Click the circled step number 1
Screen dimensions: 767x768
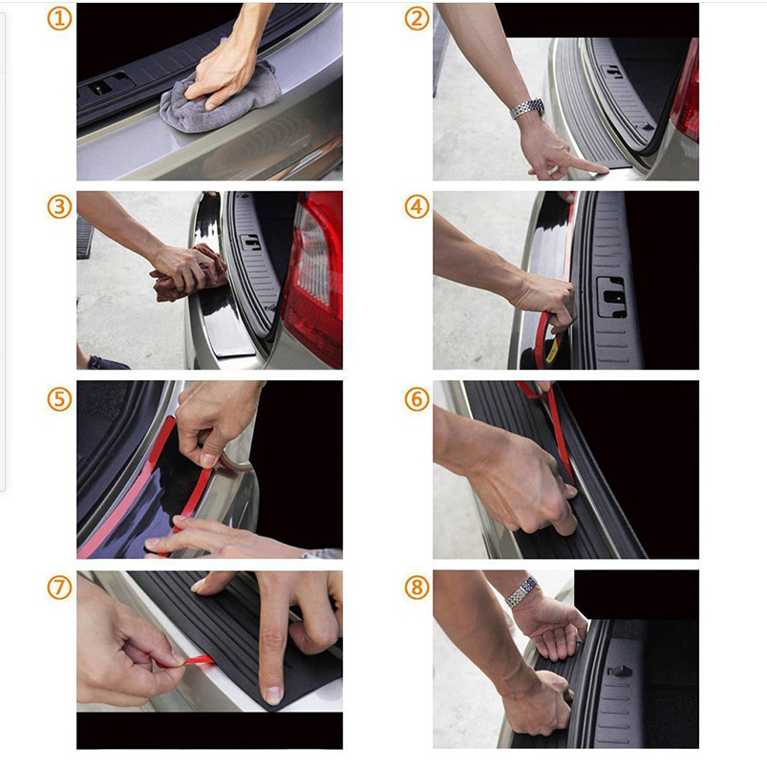[x=59, y=19]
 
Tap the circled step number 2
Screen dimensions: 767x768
[x=416, y=19]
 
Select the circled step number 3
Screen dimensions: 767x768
[x=59, y=206]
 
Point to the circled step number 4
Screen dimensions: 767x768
[x=416, y=206]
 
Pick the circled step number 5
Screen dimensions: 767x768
[x=59, y=399]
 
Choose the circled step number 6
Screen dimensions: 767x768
[x=416, y=399]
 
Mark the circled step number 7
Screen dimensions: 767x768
[x=59, y=587]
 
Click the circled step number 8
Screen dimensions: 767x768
[x=416, y=587]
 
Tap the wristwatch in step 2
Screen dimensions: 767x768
[x=527, y=108]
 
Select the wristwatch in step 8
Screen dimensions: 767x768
[x=522, y=591]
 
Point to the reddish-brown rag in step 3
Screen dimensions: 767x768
[x=188, y=274]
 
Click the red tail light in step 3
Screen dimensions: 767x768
[x=313, y=279]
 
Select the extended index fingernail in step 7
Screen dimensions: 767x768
[x=272, y=695]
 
